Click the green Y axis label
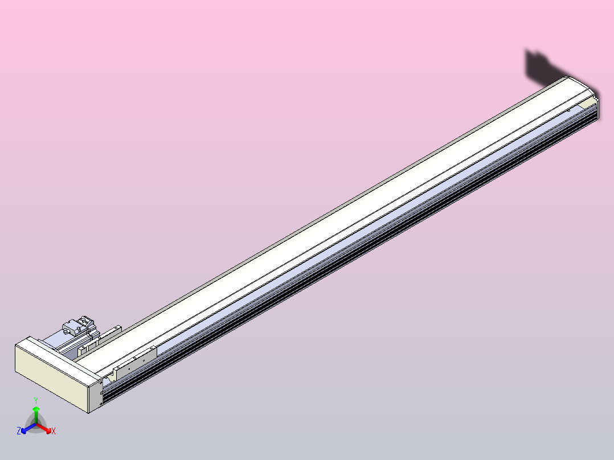pos(36,400)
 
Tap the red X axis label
pos(53,432)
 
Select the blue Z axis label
pos(19,432)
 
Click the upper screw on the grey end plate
pos(101,383)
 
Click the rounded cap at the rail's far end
pos(581,85)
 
